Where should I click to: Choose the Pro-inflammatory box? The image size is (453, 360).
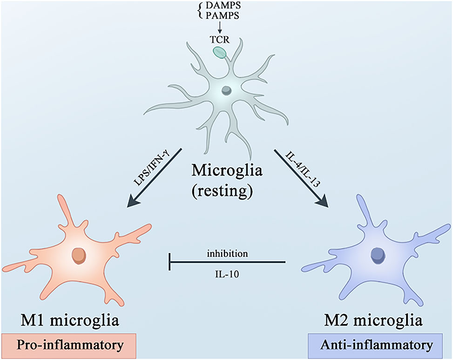click(69, 346)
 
